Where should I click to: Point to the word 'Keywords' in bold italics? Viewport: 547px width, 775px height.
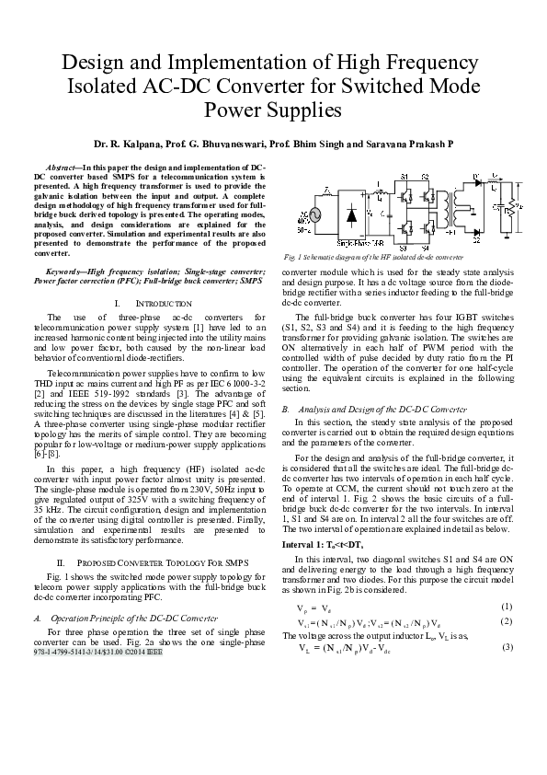pos(66,272)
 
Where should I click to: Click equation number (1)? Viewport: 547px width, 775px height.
pos(506,607)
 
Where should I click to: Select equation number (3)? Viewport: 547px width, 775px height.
pos(506,648)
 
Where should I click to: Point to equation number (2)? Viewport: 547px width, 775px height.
pos(506,621)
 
